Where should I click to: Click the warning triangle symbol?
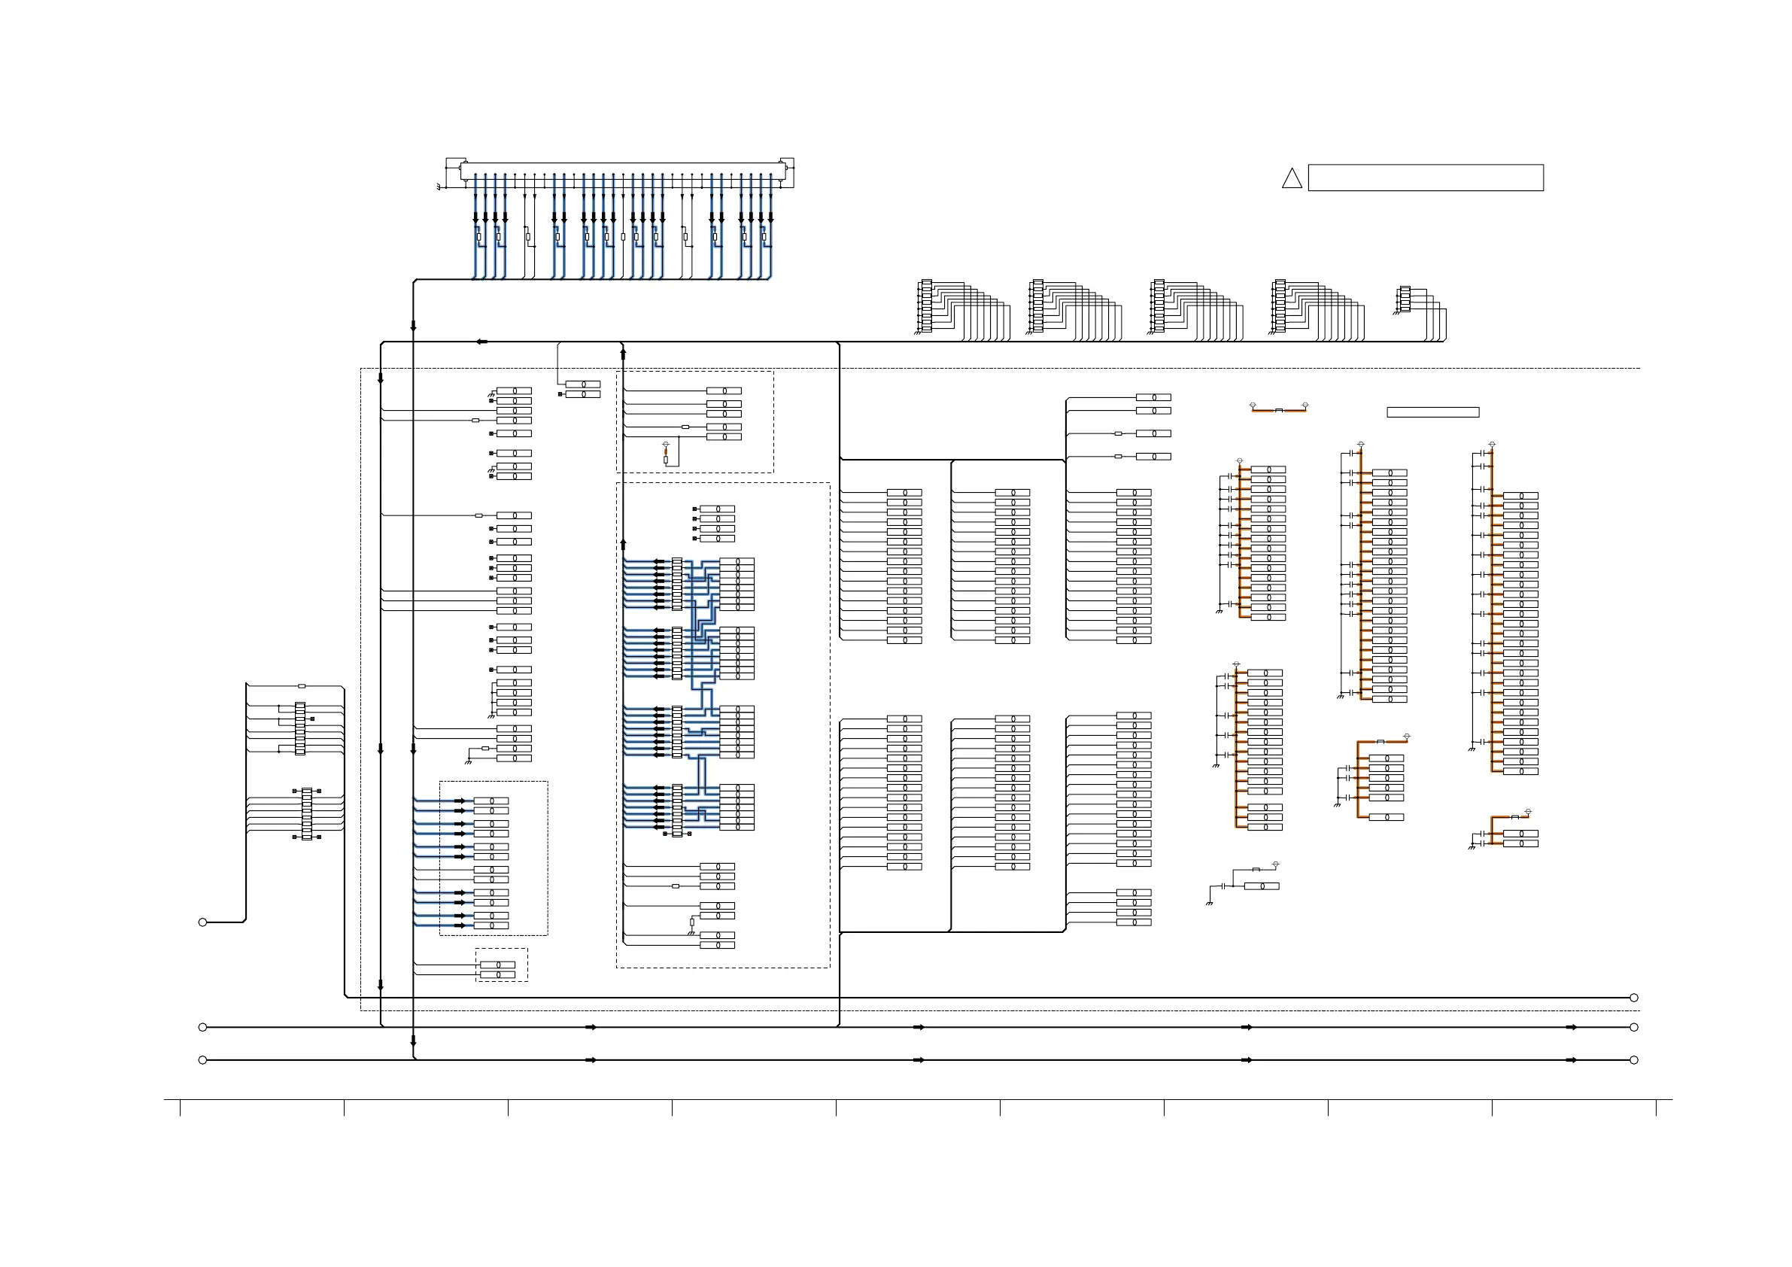[1292, 180]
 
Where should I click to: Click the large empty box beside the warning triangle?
[1425, 178]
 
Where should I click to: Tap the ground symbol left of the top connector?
[439, 187]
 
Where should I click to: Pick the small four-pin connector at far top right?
[1405, 299]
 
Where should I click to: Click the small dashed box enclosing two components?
[501, 965]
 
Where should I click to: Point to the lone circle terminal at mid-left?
[203, 922]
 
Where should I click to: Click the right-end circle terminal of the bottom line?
[1633, 1060]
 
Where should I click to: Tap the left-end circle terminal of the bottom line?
[203, 1060]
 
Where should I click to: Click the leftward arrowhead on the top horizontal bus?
[481, 342]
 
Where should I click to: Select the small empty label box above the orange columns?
[1432, 412]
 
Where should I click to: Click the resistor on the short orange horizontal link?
[1278, 410]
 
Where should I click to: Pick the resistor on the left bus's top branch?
[302, 686]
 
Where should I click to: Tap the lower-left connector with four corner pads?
[307, 813]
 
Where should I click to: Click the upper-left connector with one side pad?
[300, 728]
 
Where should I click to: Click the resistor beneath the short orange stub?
[666, 460]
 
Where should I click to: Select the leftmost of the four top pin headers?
[926, 305]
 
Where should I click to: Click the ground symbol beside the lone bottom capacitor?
[1209, 902]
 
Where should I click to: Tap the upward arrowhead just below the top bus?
[623, 354]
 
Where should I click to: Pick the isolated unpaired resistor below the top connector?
[623, 236]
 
